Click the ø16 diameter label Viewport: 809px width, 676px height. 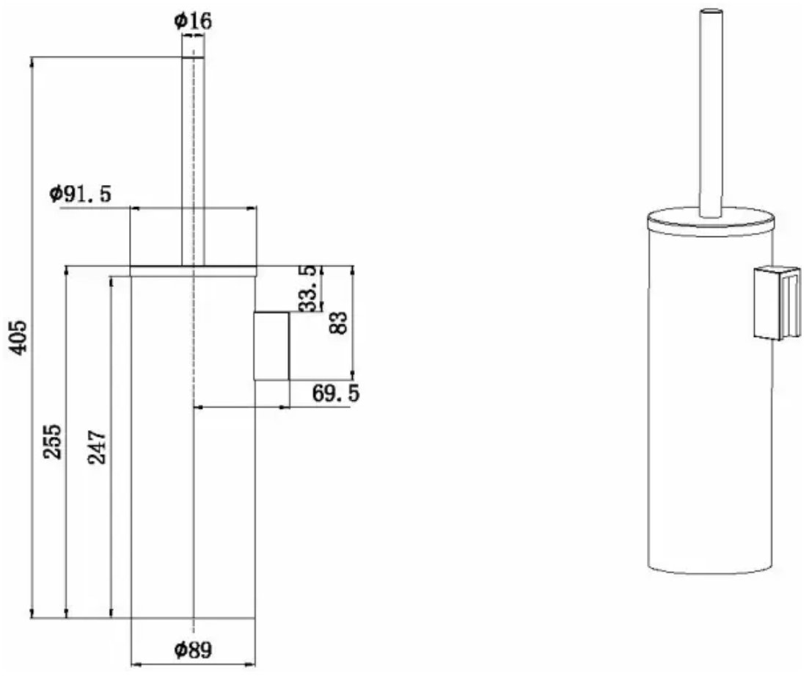(x=193, y=21)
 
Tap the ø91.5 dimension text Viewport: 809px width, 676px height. (x=81, y=195)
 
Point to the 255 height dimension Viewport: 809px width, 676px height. (x=53, y=442)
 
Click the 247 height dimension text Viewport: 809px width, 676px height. (x=97, y=447)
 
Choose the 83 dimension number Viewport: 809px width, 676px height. (x=338, y=323)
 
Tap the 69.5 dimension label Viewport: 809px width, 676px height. (x=335, y=393)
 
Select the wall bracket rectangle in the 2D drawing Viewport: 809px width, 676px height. (x=271, y=346)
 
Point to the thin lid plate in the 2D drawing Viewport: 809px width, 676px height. (x=194, y=271)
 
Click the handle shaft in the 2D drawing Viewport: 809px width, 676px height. (x=193, y=161)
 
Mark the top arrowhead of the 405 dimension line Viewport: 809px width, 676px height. (x=32, y=61)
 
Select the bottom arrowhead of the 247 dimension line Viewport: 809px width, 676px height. (x=111, y=613)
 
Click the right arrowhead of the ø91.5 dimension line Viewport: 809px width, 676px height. (x=252, y=208)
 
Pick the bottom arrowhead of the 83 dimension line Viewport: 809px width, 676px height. (x=353, y=375)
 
